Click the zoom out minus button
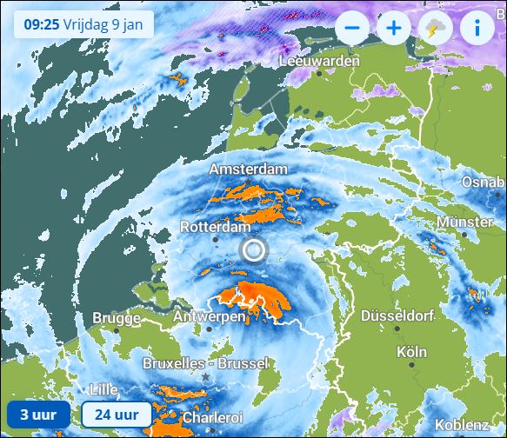point(352,27)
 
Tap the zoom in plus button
point(394,27)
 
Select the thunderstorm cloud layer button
point(435,27)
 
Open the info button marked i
point(477,27)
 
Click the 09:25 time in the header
point(40,23)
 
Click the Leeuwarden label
point(319,62)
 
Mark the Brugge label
point(116,319)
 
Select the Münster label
point(464,222)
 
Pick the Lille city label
point(103,389)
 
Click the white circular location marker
point(253,251)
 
